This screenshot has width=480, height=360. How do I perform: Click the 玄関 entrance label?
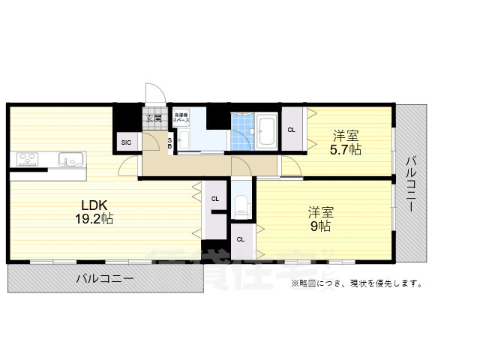[x=153, y=118]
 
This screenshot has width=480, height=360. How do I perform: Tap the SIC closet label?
[x=125, y=142]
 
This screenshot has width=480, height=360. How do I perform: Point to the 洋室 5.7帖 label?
[x=346, y=142]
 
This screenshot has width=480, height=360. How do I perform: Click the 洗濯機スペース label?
[x=181, y=117]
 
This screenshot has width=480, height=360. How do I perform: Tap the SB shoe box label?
[x=170, y=142]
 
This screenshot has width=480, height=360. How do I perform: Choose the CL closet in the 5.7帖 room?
[x=291, y=130]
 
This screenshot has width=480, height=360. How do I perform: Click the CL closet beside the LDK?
[x=214, y=199]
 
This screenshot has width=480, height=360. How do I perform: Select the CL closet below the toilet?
[x=240, y=239]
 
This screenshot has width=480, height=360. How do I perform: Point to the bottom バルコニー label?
[x=105, y=278]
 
